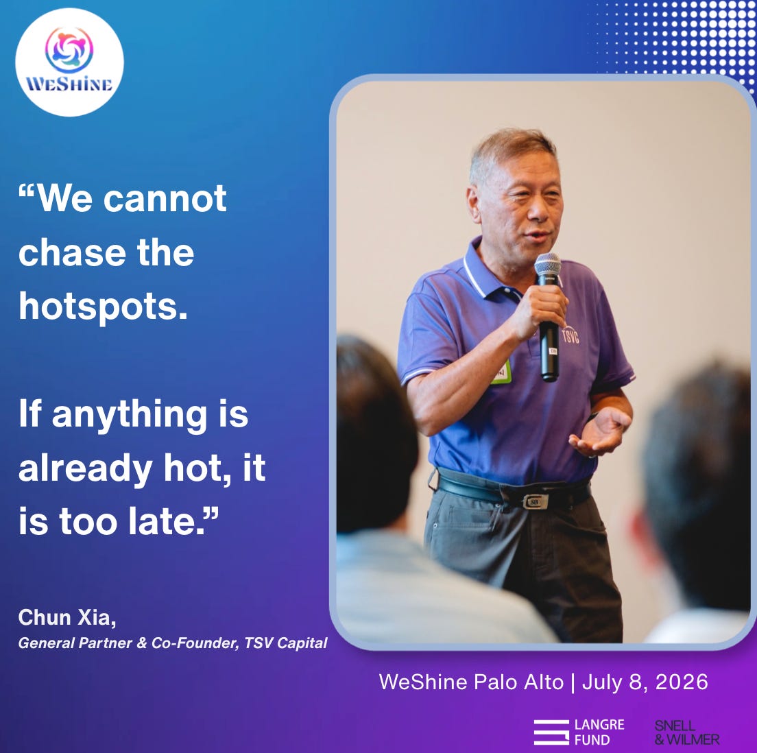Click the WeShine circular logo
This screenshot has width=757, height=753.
(69, 62)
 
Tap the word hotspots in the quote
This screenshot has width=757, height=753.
(103, 307)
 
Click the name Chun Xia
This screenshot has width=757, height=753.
(67, 617)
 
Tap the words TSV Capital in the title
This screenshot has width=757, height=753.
(286, 643)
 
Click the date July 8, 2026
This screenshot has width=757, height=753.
(645, 682)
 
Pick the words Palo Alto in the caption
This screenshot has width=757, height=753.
(518, 682)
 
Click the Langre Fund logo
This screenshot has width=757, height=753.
(579, 732)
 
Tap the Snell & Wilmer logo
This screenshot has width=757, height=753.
(687, 732)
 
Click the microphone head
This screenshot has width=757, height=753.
(547, 265)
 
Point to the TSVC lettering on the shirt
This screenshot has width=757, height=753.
(570, 335)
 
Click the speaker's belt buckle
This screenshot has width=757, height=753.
(536, 501)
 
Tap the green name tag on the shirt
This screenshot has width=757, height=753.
(501, 372)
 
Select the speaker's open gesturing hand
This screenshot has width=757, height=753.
(599, 432)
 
